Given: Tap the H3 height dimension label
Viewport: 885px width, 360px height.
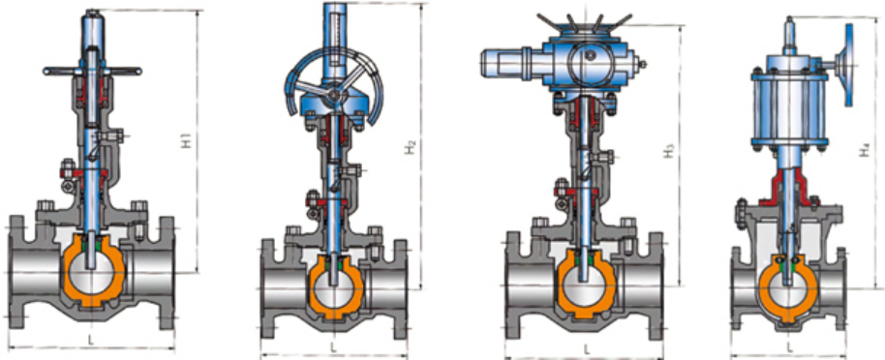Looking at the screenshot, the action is (669, 151).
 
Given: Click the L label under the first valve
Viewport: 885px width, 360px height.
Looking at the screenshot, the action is (91, 340).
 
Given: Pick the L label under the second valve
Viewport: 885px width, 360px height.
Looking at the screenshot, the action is (333, 345).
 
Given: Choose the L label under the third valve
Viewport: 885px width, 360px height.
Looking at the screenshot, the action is (586, 350).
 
